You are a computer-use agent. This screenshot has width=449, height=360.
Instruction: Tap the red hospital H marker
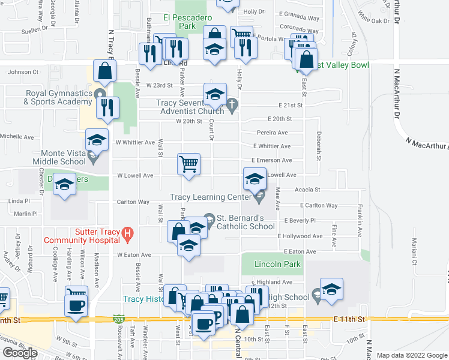(x=127, y=232)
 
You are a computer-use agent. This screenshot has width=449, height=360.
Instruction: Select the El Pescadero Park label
(x=187, y=22)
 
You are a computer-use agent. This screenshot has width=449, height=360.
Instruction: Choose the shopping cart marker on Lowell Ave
(x=188, y=164)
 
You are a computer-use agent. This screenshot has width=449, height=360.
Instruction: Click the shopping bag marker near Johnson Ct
(x=105, y=70)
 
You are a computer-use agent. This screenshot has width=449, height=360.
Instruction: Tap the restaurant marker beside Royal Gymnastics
(x=108, y=108)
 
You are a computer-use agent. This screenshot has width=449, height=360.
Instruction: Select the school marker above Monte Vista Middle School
(x=97, y=140)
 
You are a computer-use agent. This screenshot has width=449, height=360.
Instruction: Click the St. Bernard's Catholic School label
(x=246, y=222)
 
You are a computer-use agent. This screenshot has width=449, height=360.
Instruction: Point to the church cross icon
(x=232, y=106)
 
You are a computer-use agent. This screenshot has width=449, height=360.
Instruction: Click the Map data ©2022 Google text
(x=412, y=355)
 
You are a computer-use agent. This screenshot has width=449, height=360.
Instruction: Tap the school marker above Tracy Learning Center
(x=254, y=179)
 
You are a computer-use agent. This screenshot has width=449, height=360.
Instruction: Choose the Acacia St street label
(x=308, y=190)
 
